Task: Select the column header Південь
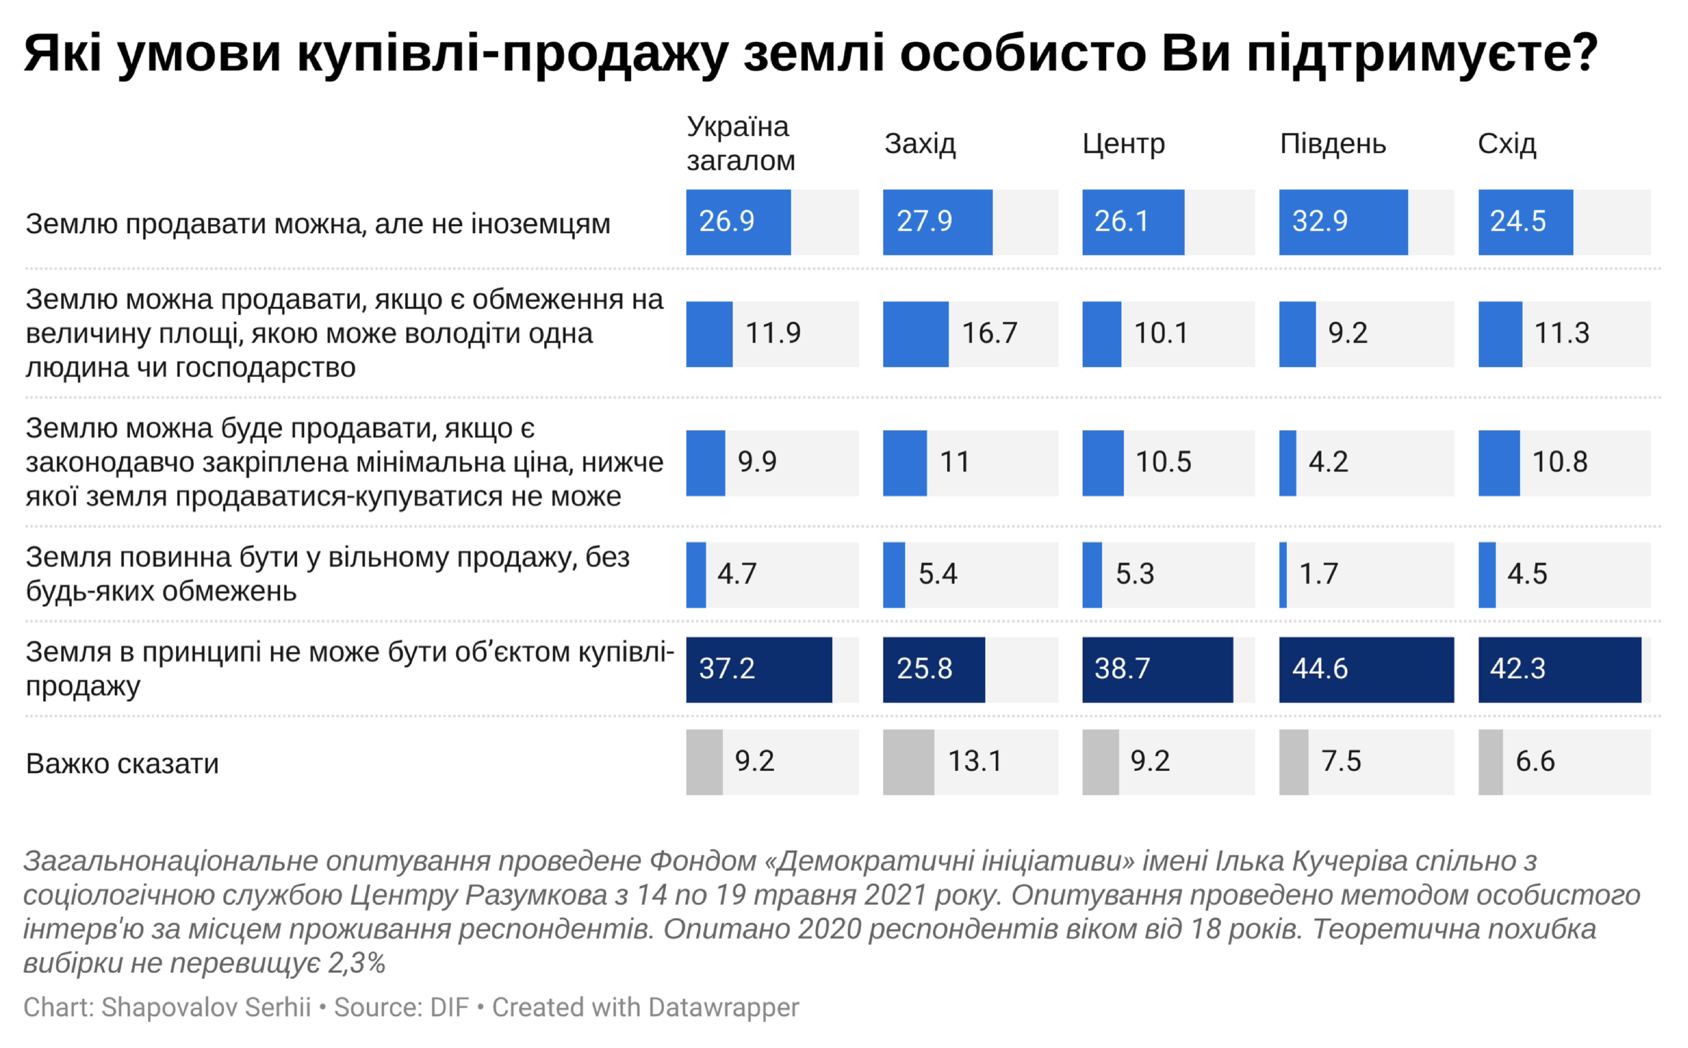pos(1332,144)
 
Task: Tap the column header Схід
pos(1506,144)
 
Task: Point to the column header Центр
pos(1123,144)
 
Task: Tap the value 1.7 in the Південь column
pos(1318,574)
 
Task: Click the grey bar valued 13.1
pos(908,762)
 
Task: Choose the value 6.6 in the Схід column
pos(1535,762)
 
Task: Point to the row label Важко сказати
pos(122,764)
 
